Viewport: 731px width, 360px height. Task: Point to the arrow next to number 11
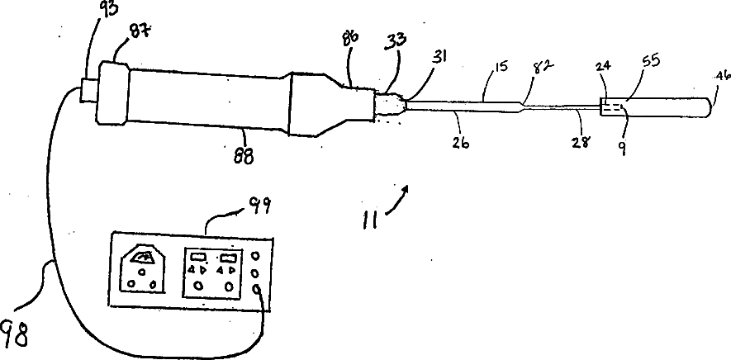tap(396, 199)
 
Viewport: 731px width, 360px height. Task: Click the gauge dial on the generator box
tap(143, 259)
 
